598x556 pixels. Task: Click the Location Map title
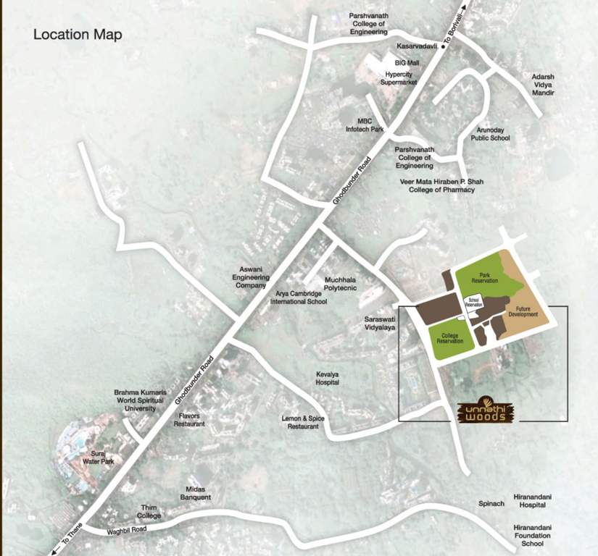pos(78,35)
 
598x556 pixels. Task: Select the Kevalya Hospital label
pos(328,378)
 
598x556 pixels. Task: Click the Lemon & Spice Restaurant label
pos(300,423)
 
